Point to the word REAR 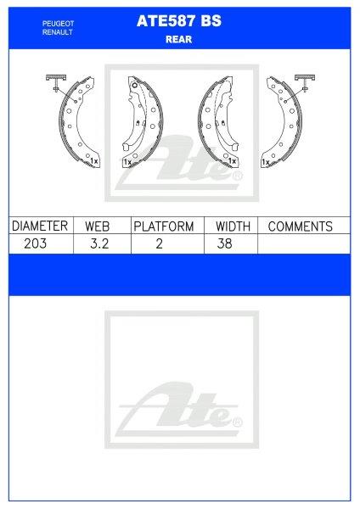[178, 38]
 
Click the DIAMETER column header [39, 227]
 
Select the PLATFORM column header [165, 227]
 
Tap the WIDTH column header [232, 227]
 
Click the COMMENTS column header [300, 227]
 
